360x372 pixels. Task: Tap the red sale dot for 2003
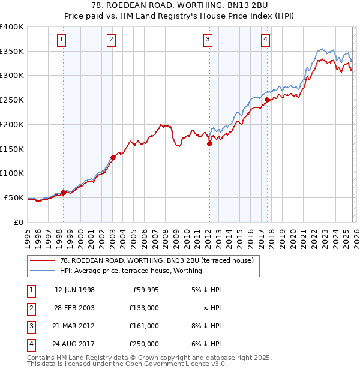(113, 157)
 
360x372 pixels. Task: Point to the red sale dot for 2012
(209, 143)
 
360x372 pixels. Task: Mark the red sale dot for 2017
(267, 100)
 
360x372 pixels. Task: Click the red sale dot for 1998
(63, 193)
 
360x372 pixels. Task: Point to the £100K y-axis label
(12, 173)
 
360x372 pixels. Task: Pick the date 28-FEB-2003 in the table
(74, 308)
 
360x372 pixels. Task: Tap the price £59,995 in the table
(145, 290)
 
